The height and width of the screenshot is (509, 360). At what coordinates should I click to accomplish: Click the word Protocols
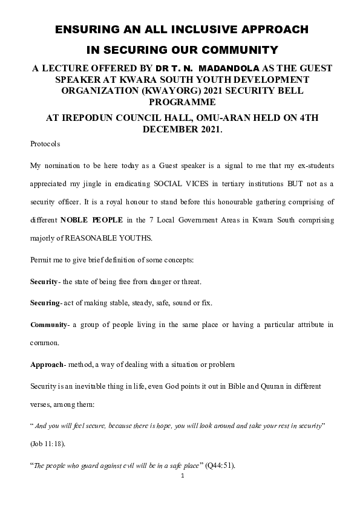(x=45, y=144)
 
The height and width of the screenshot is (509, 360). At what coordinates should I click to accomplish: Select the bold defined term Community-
(x=50, y=325)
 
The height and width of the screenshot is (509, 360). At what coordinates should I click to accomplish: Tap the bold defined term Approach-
(x=47, y=365)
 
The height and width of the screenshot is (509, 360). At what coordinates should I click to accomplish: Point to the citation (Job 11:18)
(x=48, y=444)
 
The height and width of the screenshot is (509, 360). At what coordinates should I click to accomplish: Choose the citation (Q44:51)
(x=224, y=465)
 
